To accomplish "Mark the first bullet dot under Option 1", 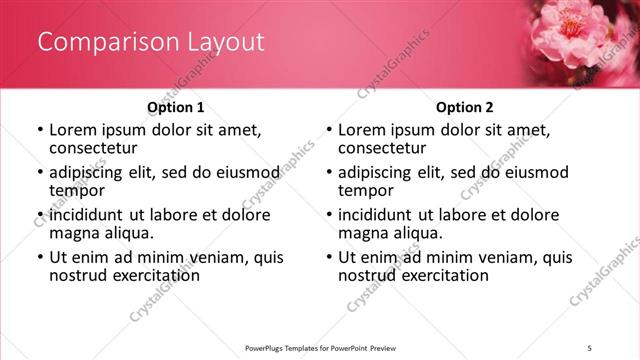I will coord(39,130).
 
